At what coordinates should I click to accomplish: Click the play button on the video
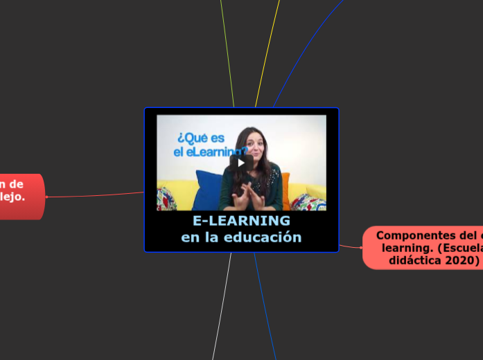241,163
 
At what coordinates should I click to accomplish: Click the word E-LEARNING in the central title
241,221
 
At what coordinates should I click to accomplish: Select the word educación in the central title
266,237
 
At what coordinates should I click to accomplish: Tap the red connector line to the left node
97,195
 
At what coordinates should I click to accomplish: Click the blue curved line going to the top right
305,48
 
